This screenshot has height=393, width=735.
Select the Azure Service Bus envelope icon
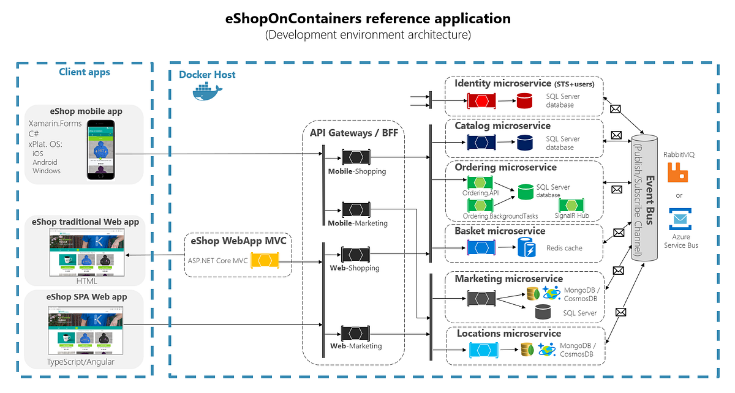(x=679, y=219)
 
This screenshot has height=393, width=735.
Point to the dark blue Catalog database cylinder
(x=524, y=143)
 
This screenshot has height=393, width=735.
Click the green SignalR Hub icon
(x=571, y=205)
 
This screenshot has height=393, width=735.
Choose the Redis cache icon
(x=526, y=247)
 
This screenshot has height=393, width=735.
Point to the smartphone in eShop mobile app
(x=101, y=149)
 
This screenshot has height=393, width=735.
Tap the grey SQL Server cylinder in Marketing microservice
(x=542, y=313)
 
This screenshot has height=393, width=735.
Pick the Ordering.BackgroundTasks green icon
(x=480, y=206)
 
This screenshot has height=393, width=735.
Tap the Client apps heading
(x=85, y=72)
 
